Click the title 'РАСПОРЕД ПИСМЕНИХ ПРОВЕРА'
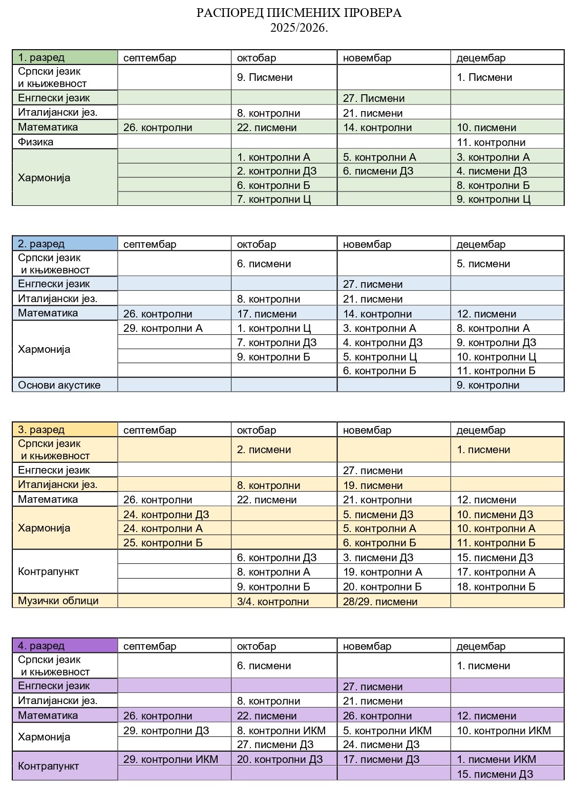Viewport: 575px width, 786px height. (x=299, y=13)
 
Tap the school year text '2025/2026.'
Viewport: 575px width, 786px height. (x=299, y=28)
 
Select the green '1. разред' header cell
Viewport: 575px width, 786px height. (x=65, y=57)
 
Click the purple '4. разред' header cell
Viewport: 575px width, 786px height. (x=65, y=646)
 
